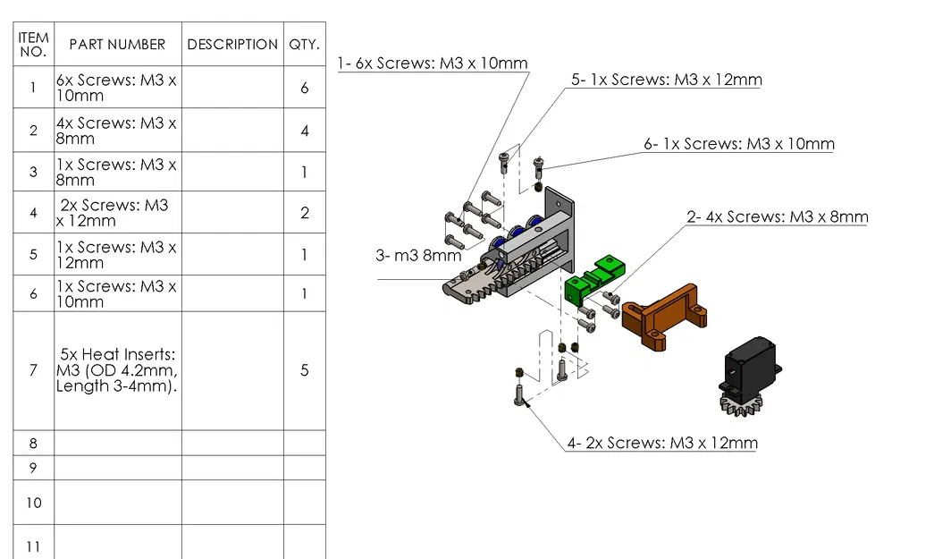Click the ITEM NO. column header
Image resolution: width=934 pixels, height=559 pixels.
coord(33,44)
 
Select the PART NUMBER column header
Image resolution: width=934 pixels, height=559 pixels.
coord(117,44)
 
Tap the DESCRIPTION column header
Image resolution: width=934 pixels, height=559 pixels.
coord(232,44)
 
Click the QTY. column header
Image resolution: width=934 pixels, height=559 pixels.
coord(304,44)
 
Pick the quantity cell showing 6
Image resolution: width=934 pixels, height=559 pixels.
coord(304,88)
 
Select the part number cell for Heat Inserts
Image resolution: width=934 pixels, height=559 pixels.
coord(117,370)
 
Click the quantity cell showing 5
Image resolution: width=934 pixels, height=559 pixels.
coord(304,370)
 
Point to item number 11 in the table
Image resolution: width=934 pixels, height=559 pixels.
coord(33,546)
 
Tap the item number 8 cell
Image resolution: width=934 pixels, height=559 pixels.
coord(33,443)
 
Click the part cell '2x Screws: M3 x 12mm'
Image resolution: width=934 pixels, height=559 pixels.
coord(117,213)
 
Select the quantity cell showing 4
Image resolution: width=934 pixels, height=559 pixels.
coord(304,131)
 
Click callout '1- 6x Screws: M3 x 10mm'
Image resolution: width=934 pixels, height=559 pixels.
coord(433,64)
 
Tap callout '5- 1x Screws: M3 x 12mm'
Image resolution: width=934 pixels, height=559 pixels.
coord(667,80)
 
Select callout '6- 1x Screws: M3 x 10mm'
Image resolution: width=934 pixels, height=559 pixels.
coord(739,144)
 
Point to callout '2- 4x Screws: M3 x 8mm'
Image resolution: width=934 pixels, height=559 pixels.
coord(777,217)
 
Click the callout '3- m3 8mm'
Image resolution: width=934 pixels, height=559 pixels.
coord(417,256)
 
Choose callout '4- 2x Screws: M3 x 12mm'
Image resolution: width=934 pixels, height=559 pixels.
coord(661,443)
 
